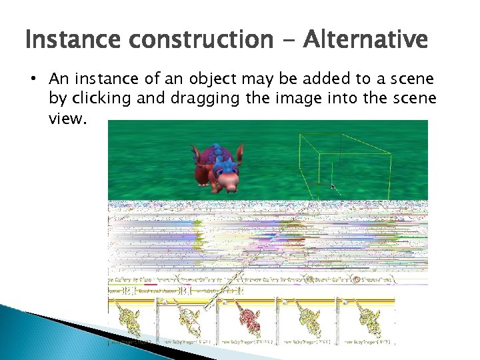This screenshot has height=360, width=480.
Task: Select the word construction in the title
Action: [x=199, y=40]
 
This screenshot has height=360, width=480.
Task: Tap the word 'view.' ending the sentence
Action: [x=67, y=117]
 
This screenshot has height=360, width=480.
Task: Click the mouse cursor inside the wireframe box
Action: [x=333, y=187]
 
